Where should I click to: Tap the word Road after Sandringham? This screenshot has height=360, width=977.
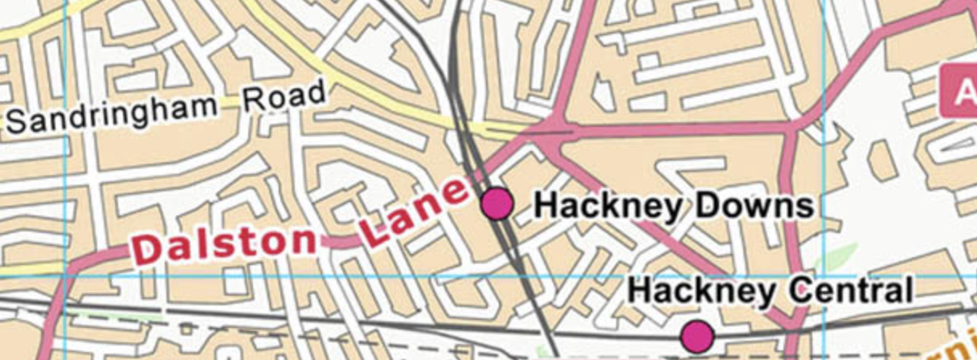click(x=284, y=97)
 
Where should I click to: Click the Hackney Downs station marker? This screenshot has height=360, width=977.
click(x=497, y=203)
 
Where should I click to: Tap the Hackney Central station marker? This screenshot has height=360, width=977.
click(x=697, y=334)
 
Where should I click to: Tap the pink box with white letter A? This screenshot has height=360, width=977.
click(x=959, y=92)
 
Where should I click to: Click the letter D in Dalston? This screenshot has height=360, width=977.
click(x=148, y=250)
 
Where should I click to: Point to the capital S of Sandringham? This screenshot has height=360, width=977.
click(x=18, y=123)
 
